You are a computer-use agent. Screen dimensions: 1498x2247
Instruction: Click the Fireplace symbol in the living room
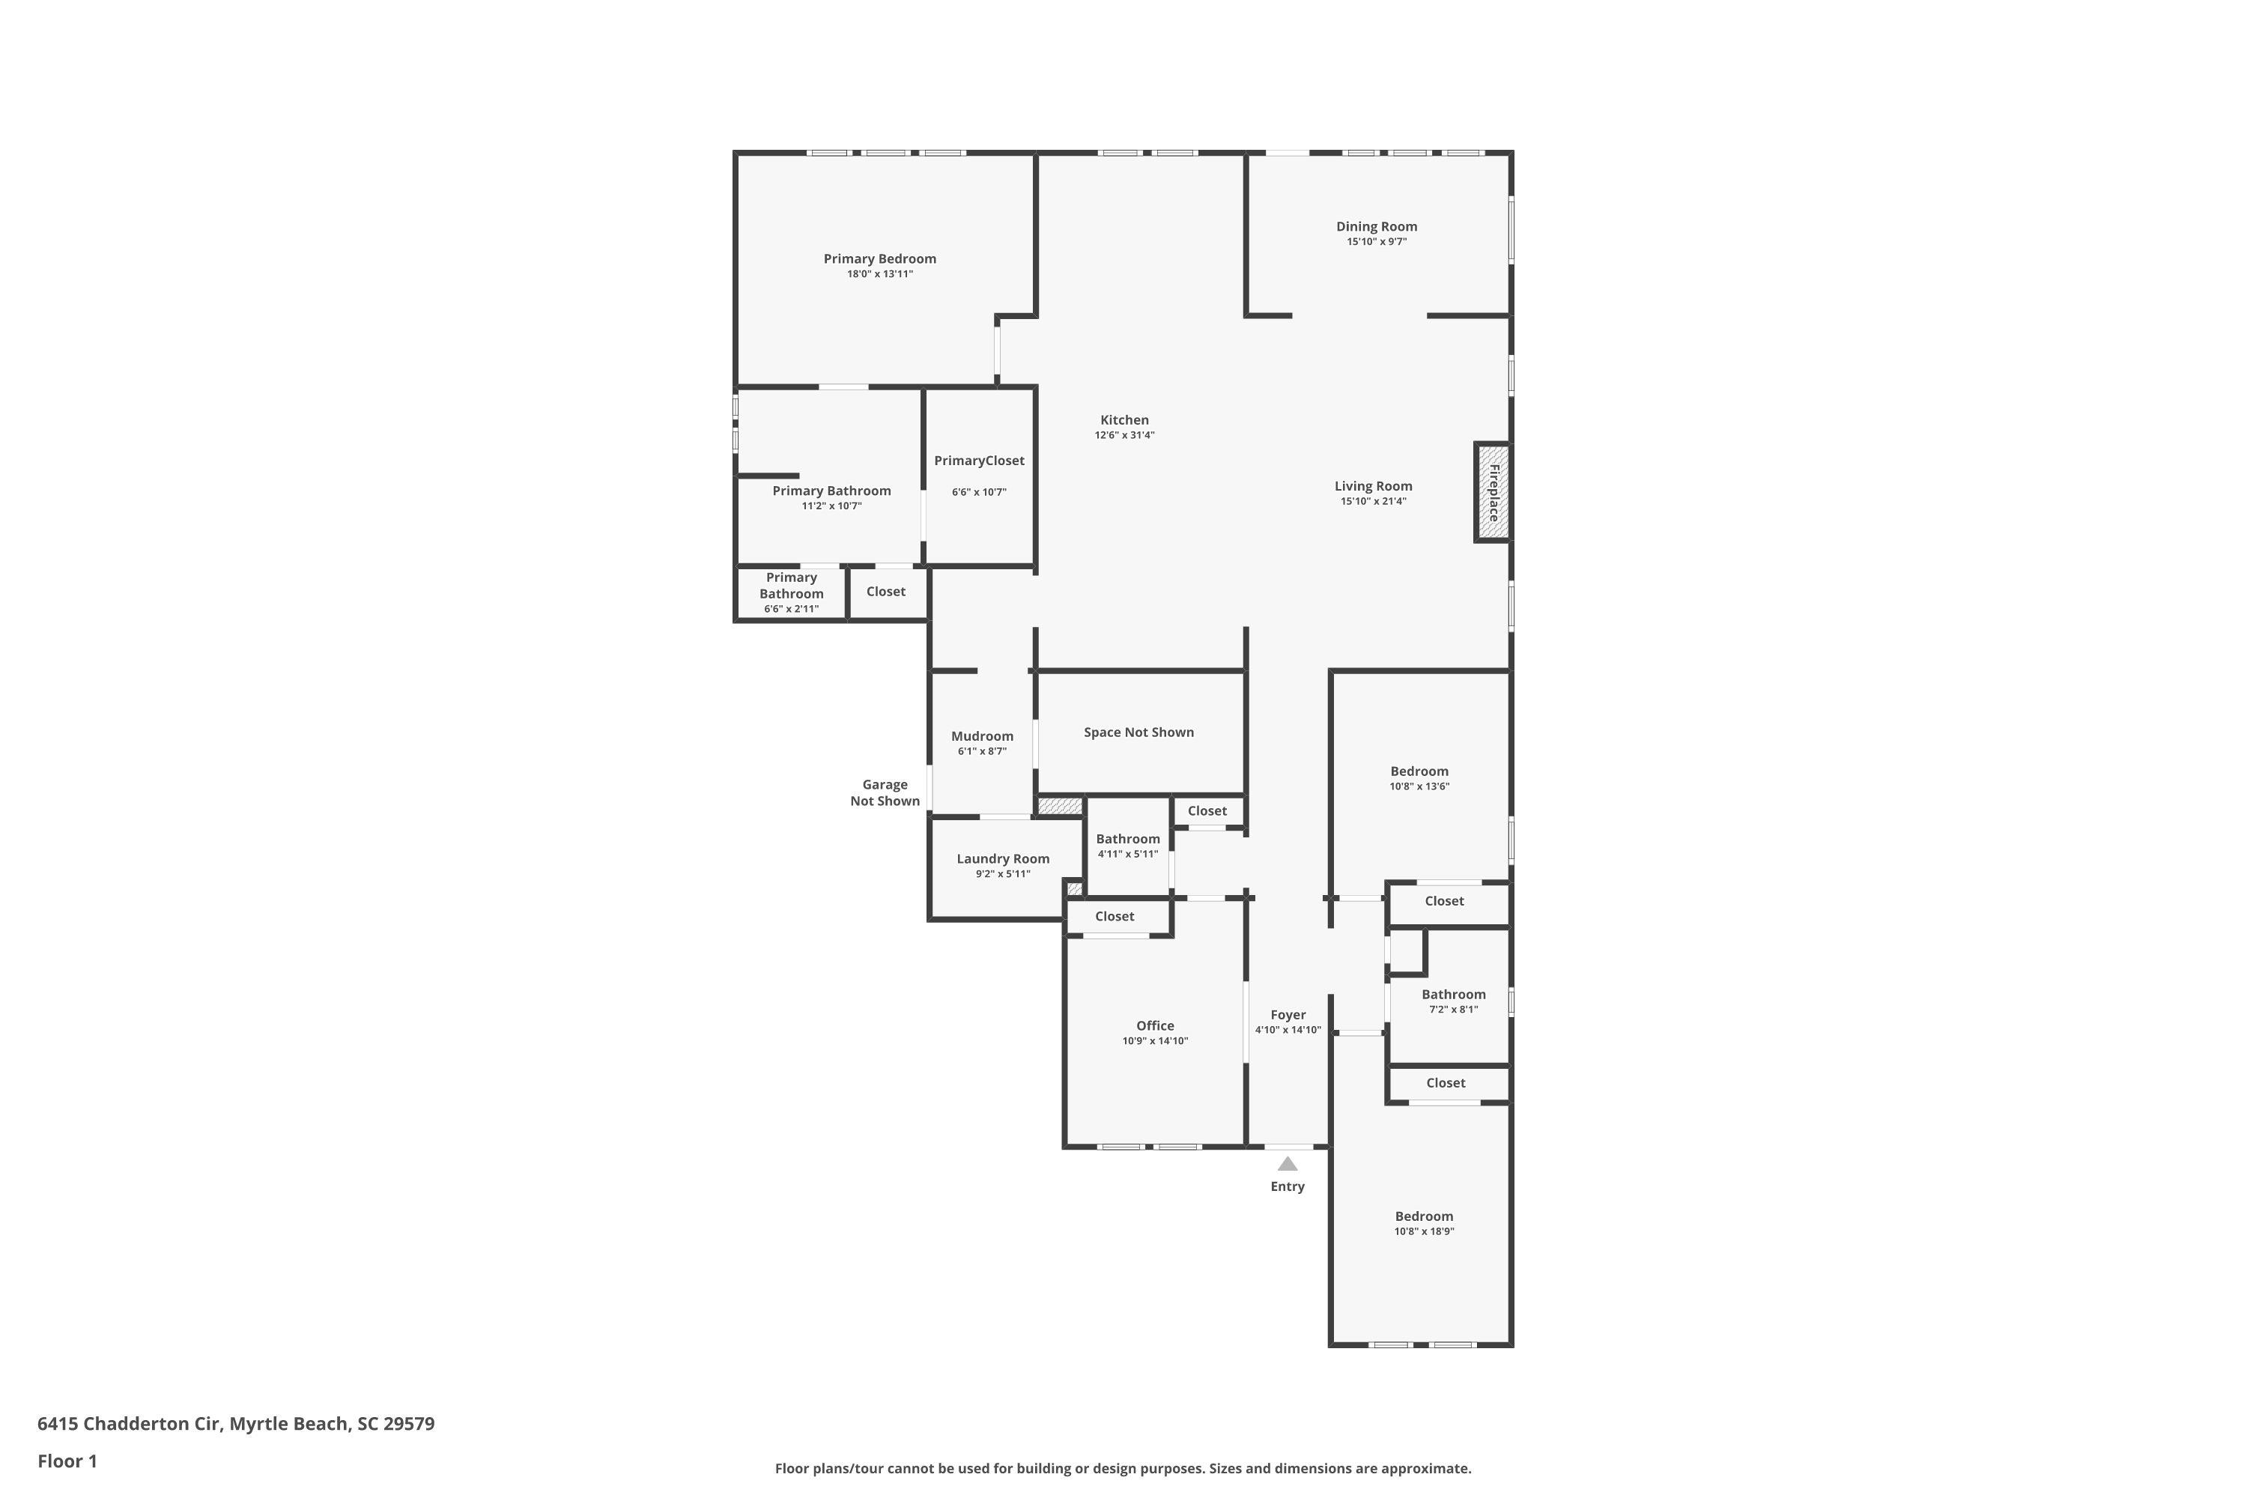(x=1492, y=492)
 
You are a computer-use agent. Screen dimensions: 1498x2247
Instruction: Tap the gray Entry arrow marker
(x=1287, y=1164)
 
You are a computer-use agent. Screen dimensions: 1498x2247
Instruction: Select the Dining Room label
(x=1376, y=226)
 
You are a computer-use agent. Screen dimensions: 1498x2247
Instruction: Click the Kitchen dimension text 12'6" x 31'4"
(x=1124, y=434)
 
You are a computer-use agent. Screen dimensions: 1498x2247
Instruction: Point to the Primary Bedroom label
(x=879, y=259)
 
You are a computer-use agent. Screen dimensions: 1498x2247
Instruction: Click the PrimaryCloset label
(x=978, y=461)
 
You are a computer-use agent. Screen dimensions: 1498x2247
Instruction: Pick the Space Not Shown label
(x=1138, y=732)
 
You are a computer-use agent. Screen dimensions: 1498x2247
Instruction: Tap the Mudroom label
(x=981, y=736)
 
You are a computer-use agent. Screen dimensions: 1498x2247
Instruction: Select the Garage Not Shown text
(x=885, y=793)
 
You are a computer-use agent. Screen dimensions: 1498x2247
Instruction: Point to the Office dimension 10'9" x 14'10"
(x=1154, y=1040)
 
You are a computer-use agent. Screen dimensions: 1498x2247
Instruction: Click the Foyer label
(x=1287, y=1015)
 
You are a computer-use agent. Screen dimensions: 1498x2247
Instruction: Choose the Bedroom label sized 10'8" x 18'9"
(x=1424, y=1216)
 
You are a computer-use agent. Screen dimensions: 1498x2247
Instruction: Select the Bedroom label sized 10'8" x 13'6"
(x=1419, y=771)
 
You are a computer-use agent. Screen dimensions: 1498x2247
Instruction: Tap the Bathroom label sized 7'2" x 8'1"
(x=1453, y=994)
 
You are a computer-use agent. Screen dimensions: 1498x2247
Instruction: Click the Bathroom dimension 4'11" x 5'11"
(x=1127, y=854)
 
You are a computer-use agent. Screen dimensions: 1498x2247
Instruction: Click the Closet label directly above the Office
(x=1114, y=916)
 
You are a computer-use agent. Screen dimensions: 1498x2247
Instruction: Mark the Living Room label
(x=1373, y=485)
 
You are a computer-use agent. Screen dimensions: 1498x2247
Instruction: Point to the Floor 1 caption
(x=67, y=1461)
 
